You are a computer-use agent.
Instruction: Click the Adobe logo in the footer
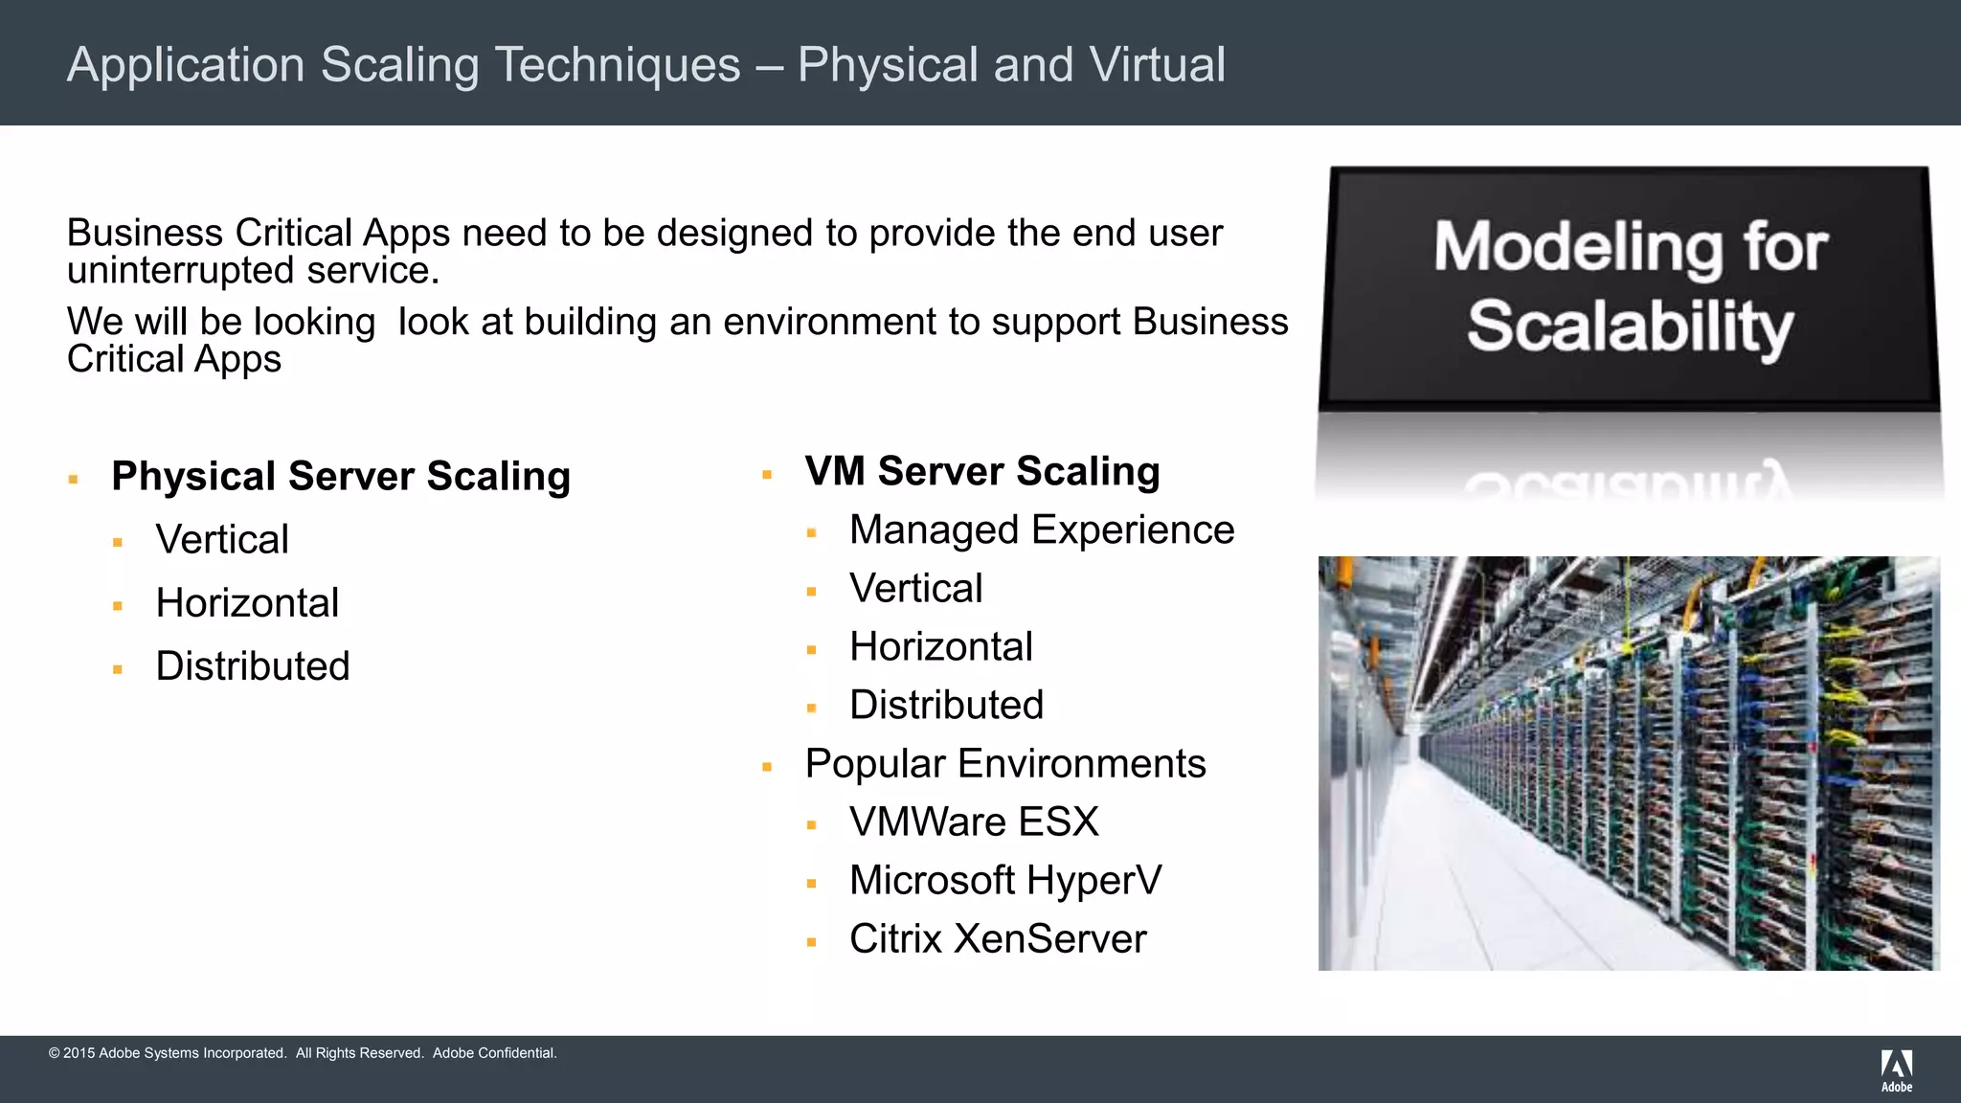pyautogui.click(x=1896, y=1069)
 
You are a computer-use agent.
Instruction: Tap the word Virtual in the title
pyautogui.click(x=1157, y=65)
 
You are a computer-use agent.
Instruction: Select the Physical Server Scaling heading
pyautogui.click(x=341, y=476)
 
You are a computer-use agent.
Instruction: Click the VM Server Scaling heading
pyautogui.click(x=982, y=471)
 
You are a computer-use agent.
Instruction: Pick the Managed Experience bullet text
pyautogui.click(x=1042, y=529)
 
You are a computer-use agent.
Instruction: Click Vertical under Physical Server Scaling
pyautogui.click(x=222, y=539)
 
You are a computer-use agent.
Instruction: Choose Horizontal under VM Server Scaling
pyautogui.click(x=941, y=646)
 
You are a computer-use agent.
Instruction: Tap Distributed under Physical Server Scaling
pyautogui.click(x=253, y=665)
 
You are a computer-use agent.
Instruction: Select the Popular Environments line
pyautogui.click(x=1005, y=763)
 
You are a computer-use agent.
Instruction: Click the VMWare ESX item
pyautogui.click(x=974, y=822)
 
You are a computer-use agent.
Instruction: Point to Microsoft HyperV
pyautogui.click(x=1005, y=880)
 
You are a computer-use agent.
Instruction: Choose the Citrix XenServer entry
pyautogui.click(x=998, y=938)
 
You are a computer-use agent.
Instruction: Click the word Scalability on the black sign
pyautogui.click(x=1630, y=327)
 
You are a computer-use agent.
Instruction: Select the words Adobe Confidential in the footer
pyautogui.click(x=494, y=1053)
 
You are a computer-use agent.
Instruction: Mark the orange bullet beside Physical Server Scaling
pyautogui.click(x=73, y=479)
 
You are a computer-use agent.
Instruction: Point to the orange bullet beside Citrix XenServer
pyautogui.click(x=811, y=942)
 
